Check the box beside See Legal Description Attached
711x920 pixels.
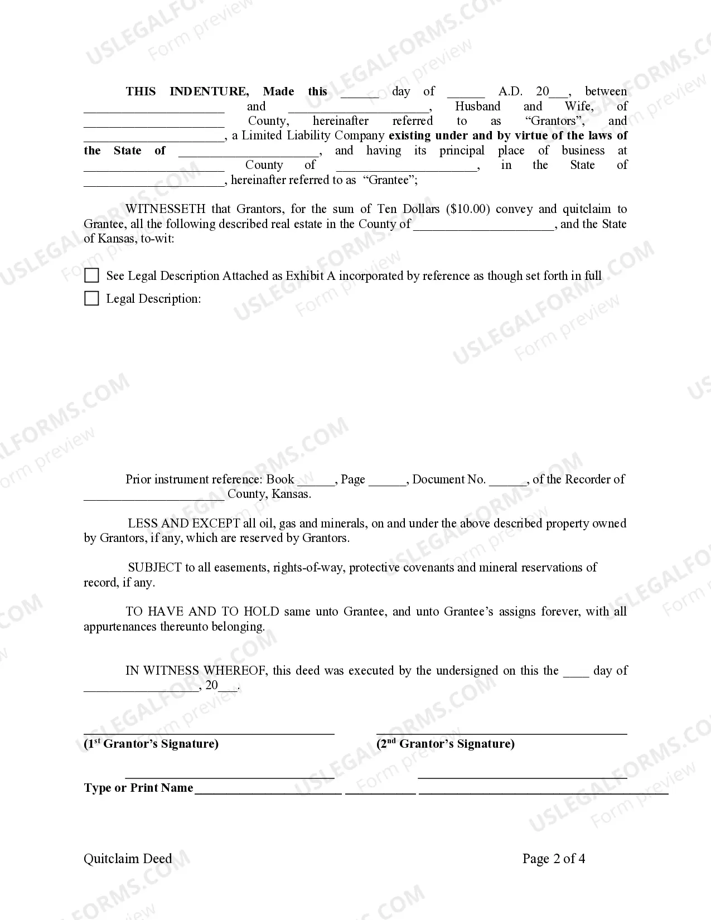[91, 275]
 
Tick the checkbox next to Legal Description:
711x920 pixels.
[91, 298]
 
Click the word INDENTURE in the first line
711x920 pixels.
[209, 91]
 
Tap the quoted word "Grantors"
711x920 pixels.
[554, 121]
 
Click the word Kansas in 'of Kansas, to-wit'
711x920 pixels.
[115, 239]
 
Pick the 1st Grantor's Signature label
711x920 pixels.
[151, 744]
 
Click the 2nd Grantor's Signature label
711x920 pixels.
[446, 744]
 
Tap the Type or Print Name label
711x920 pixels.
[138, 788]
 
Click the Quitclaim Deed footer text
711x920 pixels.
[128, 859]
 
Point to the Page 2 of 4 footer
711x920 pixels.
[554, 859]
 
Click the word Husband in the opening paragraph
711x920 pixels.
[478, 106]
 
